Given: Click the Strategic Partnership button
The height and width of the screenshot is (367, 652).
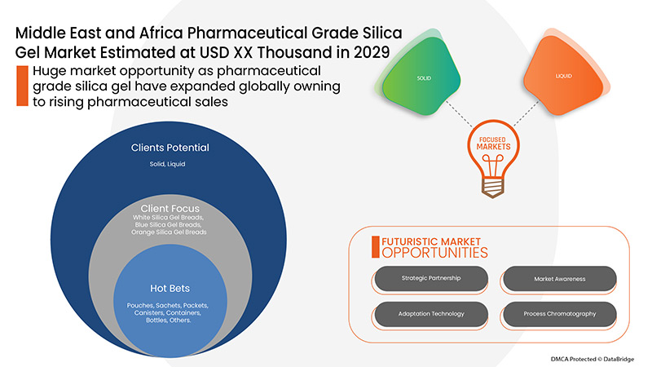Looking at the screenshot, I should pos(431,279).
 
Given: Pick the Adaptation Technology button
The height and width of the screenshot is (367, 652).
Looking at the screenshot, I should pos(431,314).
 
